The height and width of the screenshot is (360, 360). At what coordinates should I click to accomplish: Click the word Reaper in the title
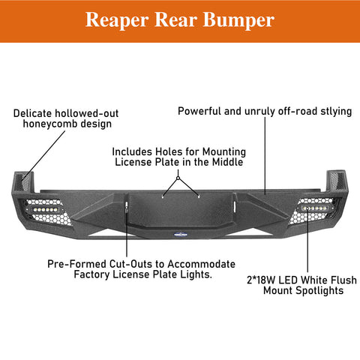(x=117, y=20)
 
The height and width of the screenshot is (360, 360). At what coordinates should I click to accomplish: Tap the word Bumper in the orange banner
(x=238, y=20)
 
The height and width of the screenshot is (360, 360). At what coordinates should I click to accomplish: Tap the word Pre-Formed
(x=77, y=264)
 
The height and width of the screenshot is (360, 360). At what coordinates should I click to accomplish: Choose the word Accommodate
(x=201, y=264)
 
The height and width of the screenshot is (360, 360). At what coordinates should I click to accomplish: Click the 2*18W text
(x=261, y=280)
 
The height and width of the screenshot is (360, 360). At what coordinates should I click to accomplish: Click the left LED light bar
(x=45, y=209)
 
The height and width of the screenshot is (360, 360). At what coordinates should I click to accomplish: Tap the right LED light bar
(x=314, y=208)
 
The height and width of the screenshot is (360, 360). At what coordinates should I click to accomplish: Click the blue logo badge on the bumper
(x=181, y=235)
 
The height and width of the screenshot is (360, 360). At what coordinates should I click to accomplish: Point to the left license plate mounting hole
(x=163, y=196)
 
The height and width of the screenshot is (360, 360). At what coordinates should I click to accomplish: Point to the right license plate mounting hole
(x=199, y=196)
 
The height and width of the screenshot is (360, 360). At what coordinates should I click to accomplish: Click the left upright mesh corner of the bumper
(x=24, y=181)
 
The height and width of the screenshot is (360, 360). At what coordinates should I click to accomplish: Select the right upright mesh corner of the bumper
(x=337, y=181)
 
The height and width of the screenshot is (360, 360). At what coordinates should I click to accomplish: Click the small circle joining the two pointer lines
(x=178, y=178)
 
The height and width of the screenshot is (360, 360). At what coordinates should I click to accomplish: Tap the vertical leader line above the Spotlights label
(x=307, y=239)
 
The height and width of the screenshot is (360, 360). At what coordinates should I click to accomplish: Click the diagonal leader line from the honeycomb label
(x=43, y=155)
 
